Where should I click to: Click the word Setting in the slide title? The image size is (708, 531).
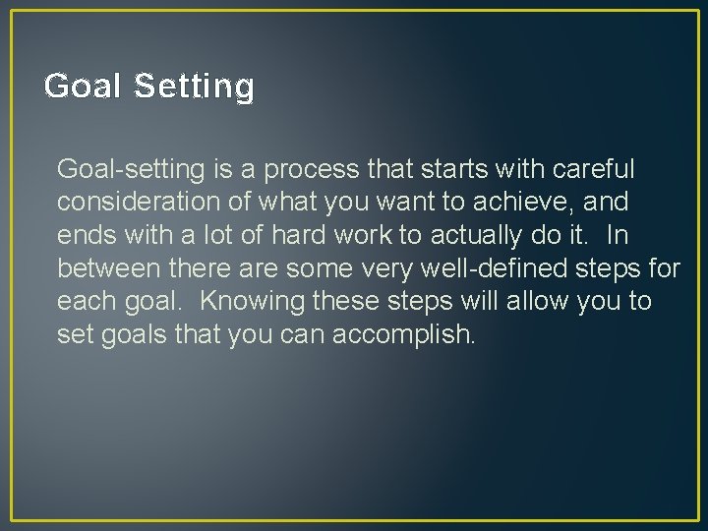[x=194, y=87]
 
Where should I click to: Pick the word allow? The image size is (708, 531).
[x=539, y=300]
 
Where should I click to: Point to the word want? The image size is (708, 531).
[x=388, y=203]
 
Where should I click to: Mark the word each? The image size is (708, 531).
[x=87, y=300]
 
